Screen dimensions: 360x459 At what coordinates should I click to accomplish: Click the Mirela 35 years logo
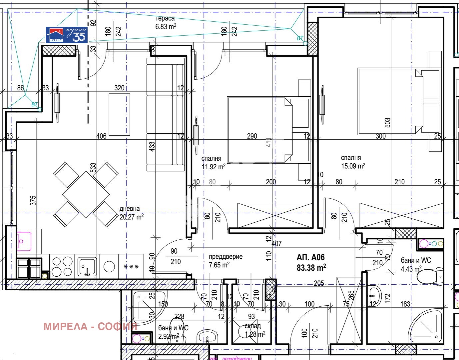pyautogui.click(x=67, y=35)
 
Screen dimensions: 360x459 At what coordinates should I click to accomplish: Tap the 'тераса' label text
pyautogui.click(x=165, y=19)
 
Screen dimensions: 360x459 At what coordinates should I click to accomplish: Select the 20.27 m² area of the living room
pyautogui.click(x=132, y=217)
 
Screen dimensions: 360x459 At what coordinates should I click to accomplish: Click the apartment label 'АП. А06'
pyautogui.click(x=310, y=257)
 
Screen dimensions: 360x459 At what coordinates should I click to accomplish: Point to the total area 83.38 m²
pyautogui.click(x=311, y=267)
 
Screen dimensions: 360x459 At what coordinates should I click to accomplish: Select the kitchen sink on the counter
pyautogui.click(x=87, y=266)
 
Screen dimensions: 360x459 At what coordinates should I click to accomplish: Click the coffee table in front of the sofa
pyautogui.click(x=120, y=114)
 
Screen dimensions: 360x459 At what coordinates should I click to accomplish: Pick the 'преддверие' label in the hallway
pyautogui.click(x=226, y=257)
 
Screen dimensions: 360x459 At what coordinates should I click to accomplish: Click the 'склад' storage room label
pyautogui.click(x=252, y=326)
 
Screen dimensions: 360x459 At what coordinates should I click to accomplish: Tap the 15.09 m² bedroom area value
pyautogui.click(x=353, y=166)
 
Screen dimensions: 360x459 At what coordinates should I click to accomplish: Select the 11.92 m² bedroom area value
pyautogui.click(x=213, y=167)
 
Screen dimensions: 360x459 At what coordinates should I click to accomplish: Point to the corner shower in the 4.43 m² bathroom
pyautogui.click(x=427, y=327)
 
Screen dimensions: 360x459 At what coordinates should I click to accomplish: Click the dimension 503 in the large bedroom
pyautogui.click(x=387, y=122)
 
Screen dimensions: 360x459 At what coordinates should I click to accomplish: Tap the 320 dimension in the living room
pyautogui.click(x=119, y=88)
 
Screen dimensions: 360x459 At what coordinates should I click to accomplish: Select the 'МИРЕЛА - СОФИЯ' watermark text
pyautogui.click(x=90, y=326)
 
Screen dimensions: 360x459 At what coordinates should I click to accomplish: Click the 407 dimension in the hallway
pyautogui.click(x=276, y=244)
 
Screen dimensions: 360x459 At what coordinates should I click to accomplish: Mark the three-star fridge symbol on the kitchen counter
pyautogui.click(x=131, y=267)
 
